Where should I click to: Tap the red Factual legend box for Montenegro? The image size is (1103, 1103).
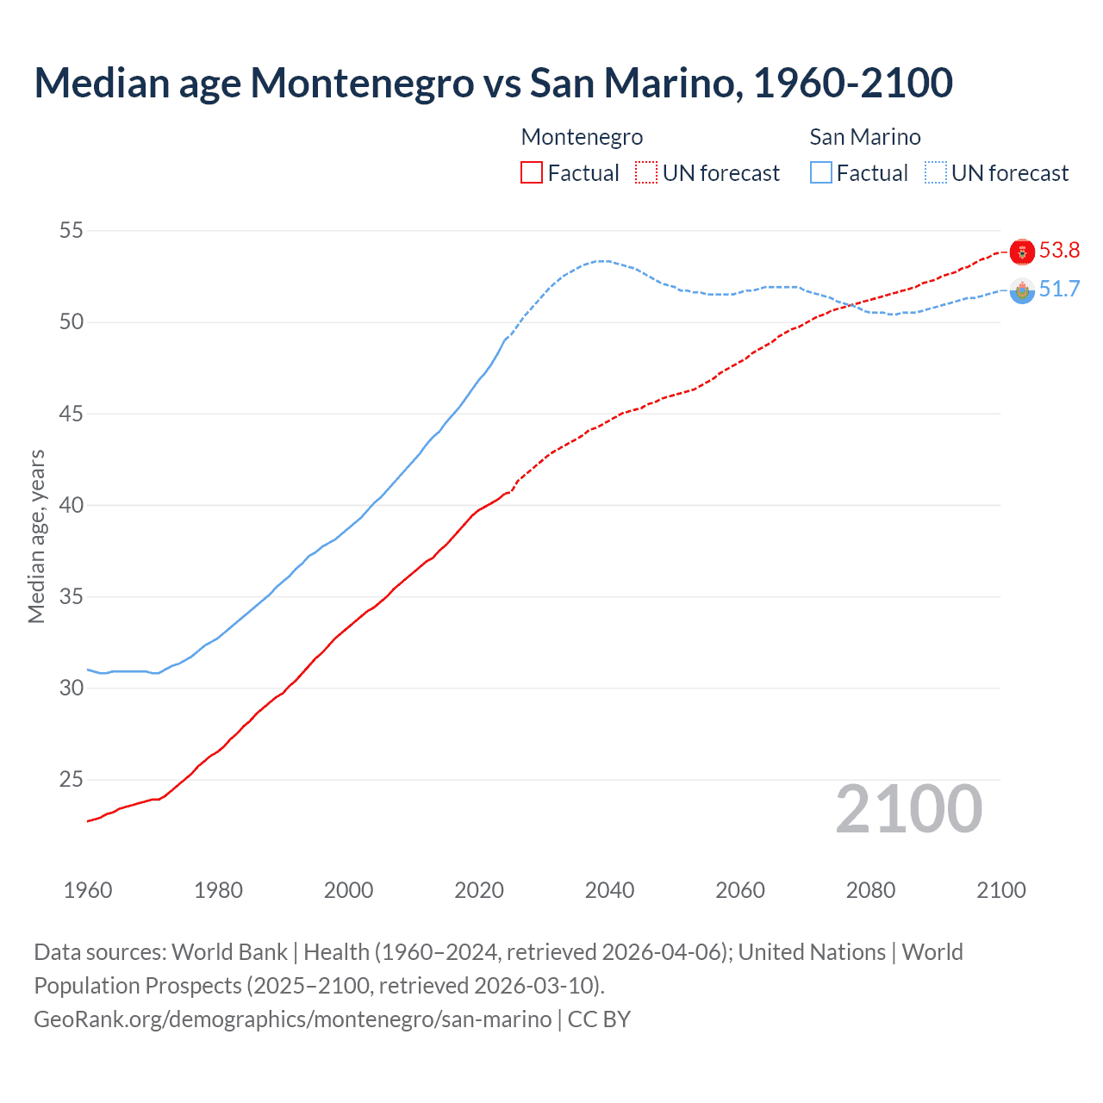pos(532,173)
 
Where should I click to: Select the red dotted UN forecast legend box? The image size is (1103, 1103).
pos(646,173)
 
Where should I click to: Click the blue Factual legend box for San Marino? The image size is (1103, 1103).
pos(821,173)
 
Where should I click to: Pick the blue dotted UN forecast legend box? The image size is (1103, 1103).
pos(936,173)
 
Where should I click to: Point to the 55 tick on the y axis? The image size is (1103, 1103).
pos(72,230)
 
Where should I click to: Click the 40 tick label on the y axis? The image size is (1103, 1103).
pos(72,505)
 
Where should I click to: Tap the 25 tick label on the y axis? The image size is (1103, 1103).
pos(72,780)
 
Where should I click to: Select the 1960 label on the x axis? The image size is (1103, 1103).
pos(88,890)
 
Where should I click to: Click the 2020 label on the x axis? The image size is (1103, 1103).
pos(479,890)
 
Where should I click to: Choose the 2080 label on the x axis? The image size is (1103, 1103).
pos(870,890)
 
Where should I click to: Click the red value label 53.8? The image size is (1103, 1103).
pos(1059,251)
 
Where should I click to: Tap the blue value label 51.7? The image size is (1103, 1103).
pos(1059,290)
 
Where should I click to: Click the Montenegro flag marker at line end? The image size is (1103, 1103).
pos(1022,252)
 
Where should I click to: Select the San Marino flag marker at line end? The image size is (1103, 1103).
pos(1022,291)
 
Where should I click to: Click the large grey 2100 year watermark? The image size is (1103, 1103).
pos(908,809)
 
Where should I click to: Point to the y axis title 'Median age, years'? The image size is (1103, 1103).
pos(36,536)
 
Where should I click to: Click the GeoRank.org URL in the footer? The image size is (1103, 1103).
pos(293,1019)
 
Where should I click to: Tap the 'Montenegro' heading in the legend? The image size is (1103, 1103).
pos(582,137)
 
